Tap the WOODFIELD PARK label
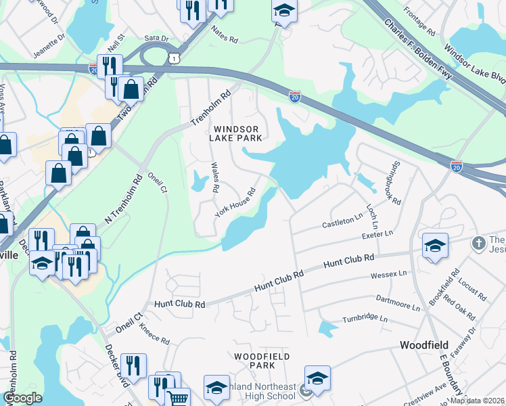pyautogui.click(x=262, y=361)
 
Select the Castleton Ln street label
pyautogui.click(x=342, y=222)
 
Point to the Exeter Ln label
pyautogui.click(x=377, y=234)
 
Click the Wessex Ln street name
pyautogui.click(x=389, y=275)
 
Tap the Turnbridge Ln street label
pyautogui.click(x=365, y=319)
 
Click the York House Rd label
pyautogui.click(x=235, y=201)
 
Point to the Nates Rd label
pyautogui.click(x=225, y=40)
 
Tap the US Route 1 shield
pyautogui.click(x=175, y=60)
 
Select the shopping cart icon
pyautogui.click(x=177, y=398)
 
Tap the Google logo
pyautogui.click(x=22, y=398)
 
